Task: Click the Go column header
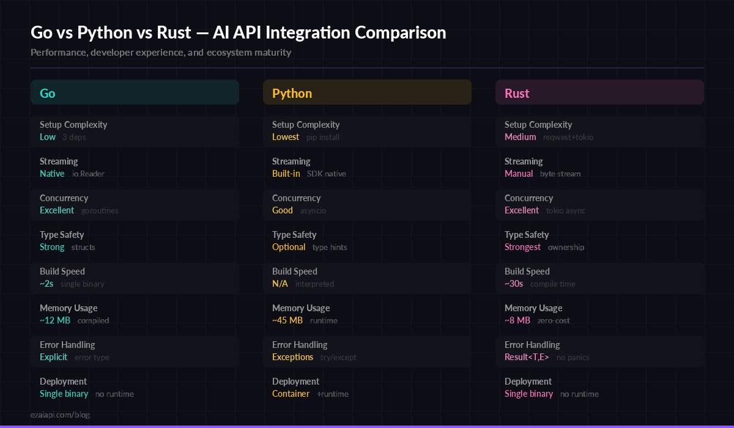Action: click(x=48, y=93)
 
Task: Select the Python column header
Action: click(x=292, y=93)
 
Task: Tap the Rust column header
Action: click(x=517, y=93)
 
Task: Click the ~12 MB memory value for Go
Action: click(x=55, y=320)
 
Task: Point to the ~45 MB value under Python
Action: click(x=287, y=320)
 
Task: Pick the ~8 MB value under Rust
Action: click(x=517, y=320)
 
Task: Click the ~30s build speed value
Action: click(x=514, y=284)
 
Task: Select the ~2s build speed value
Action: click(x=46, y=284)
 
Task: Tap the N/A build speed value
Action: click(x=280, y=284)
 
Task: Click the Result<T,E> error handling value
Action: click(x=527, y=357)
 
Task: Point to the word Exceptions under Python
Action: click(x=292, y=357)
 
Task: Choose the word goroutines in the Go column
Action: click(x=100, y=210)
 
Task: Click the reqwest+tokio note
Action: click(x=568, y=137)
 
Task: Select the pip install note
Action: click(x=322, y=137)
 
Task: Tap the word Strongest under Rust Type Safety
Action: click(x=522, y=247)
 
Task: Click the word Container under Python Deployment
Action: click(x=291, y=394)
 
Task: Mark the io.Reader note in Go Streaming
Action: click(x=88, y=174)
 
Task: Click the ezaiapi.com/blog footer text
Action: click(x=60, y=415)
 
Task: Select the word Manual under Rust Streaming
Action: click(x=519, y=174)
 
